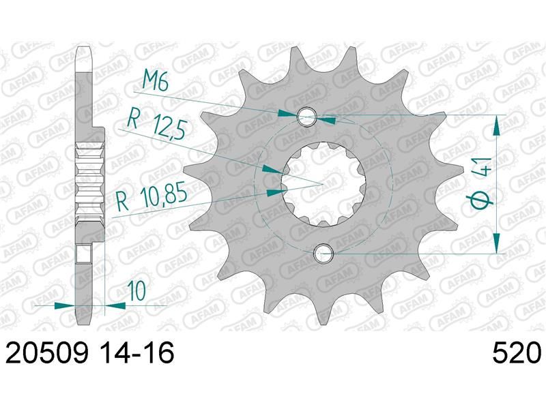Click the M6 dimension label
point(156,82)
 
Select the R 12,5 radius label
point(156,123)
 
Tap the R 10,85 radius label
point(152,198)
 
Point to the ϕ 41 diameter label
point(483,183)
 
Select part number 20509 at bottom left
point(47,352)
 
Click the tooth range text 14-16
point(134,352)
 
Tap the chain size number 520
point(517,352)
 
